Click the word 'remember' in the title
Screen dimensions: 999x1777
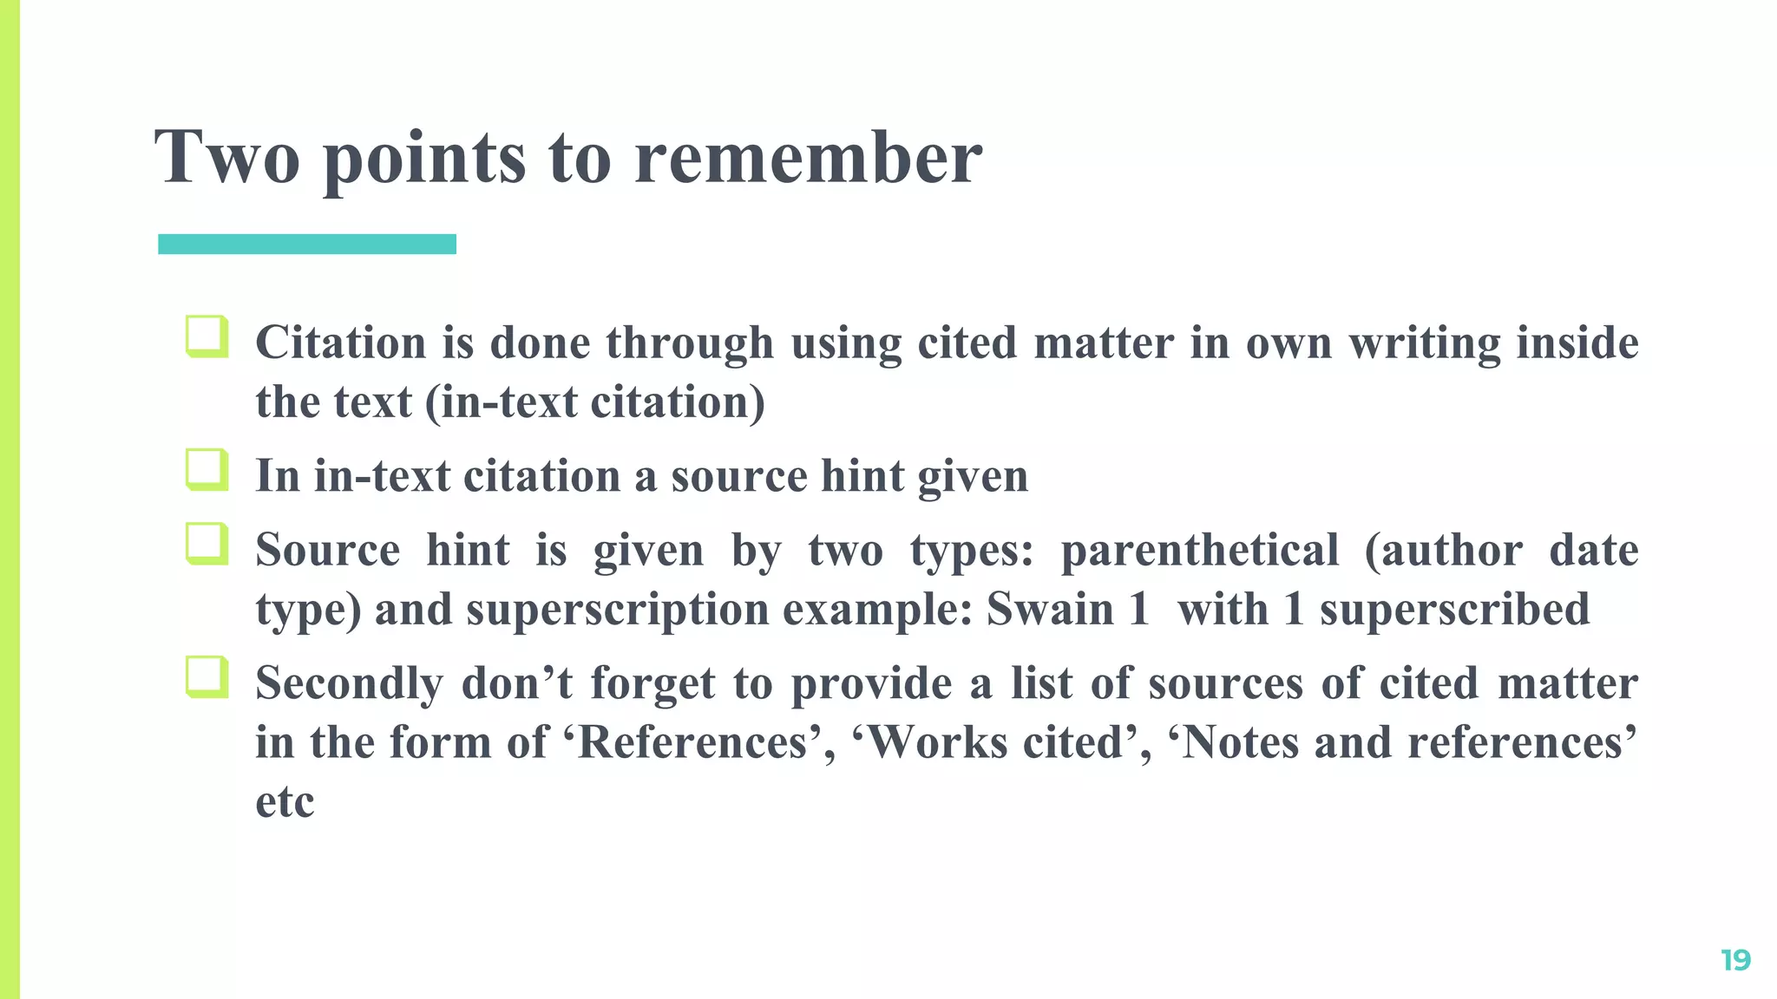(x=808, y=159)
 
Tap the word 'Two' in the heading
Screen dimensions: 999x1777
(x=227, y=159)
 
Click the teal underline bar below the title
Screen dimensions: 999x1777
(x=307, y=245)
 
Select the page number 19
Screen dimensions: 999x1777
(x=1735, y=960)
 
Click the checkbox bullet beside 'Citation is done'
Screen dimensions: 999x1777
(x=207, y=336)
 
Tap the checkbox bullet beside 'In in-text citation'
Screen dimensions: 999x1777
(x=207, y=470)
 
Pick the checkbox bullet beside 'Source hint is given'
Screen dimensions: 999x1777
(x=207, y=544)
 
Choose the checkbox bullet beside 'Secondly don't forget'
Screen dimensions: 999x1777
(x=207, y=677)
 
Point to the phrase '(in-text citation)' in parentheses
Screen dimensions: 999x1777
(x=595, y=402)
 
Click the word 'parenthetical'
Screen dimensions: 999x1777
(x=1200, y=551)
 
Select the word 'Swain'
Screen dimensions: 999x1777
(x=1050, y=609)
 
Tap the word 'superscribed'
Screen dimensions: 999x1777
(x=1454, y=609)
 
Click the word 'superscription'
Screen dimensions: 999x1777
(x=618, y=609)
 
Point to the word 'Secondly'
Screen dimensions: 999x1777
(x=349, y=683)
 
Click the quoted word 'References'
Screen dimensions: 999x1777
(x=692, y=742)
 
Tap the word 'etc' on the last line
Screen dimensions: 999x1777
(x=285, y=802)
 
